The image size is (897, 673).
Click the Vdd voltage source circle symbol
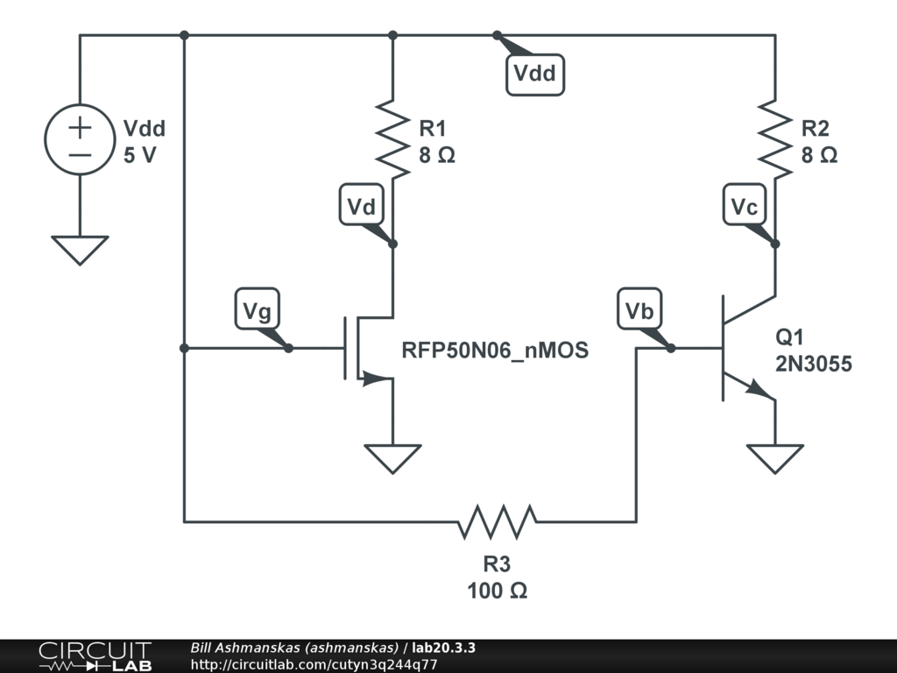click(80, 139)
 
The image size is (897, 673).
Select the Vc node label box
click(745, 207)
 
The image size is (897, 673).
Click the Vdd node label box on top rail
click(534, 74)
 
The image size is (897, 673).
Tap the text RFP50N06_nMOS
click(495, 351)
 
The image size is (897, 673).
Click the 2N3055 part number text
click(813, 365)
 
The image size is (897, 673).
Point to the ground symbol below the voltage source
click(80, 250)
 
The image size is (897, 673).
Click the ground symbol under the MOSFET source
click(392, 458)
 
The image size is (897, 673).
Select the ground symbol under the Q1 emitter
click(775, 458)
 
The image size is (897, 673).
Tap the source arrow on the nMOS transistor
click(373, 379)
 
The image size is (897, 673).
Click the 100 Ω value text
click(497, 591)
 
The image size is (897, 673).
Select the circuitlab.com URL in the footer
click(313, 664)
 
